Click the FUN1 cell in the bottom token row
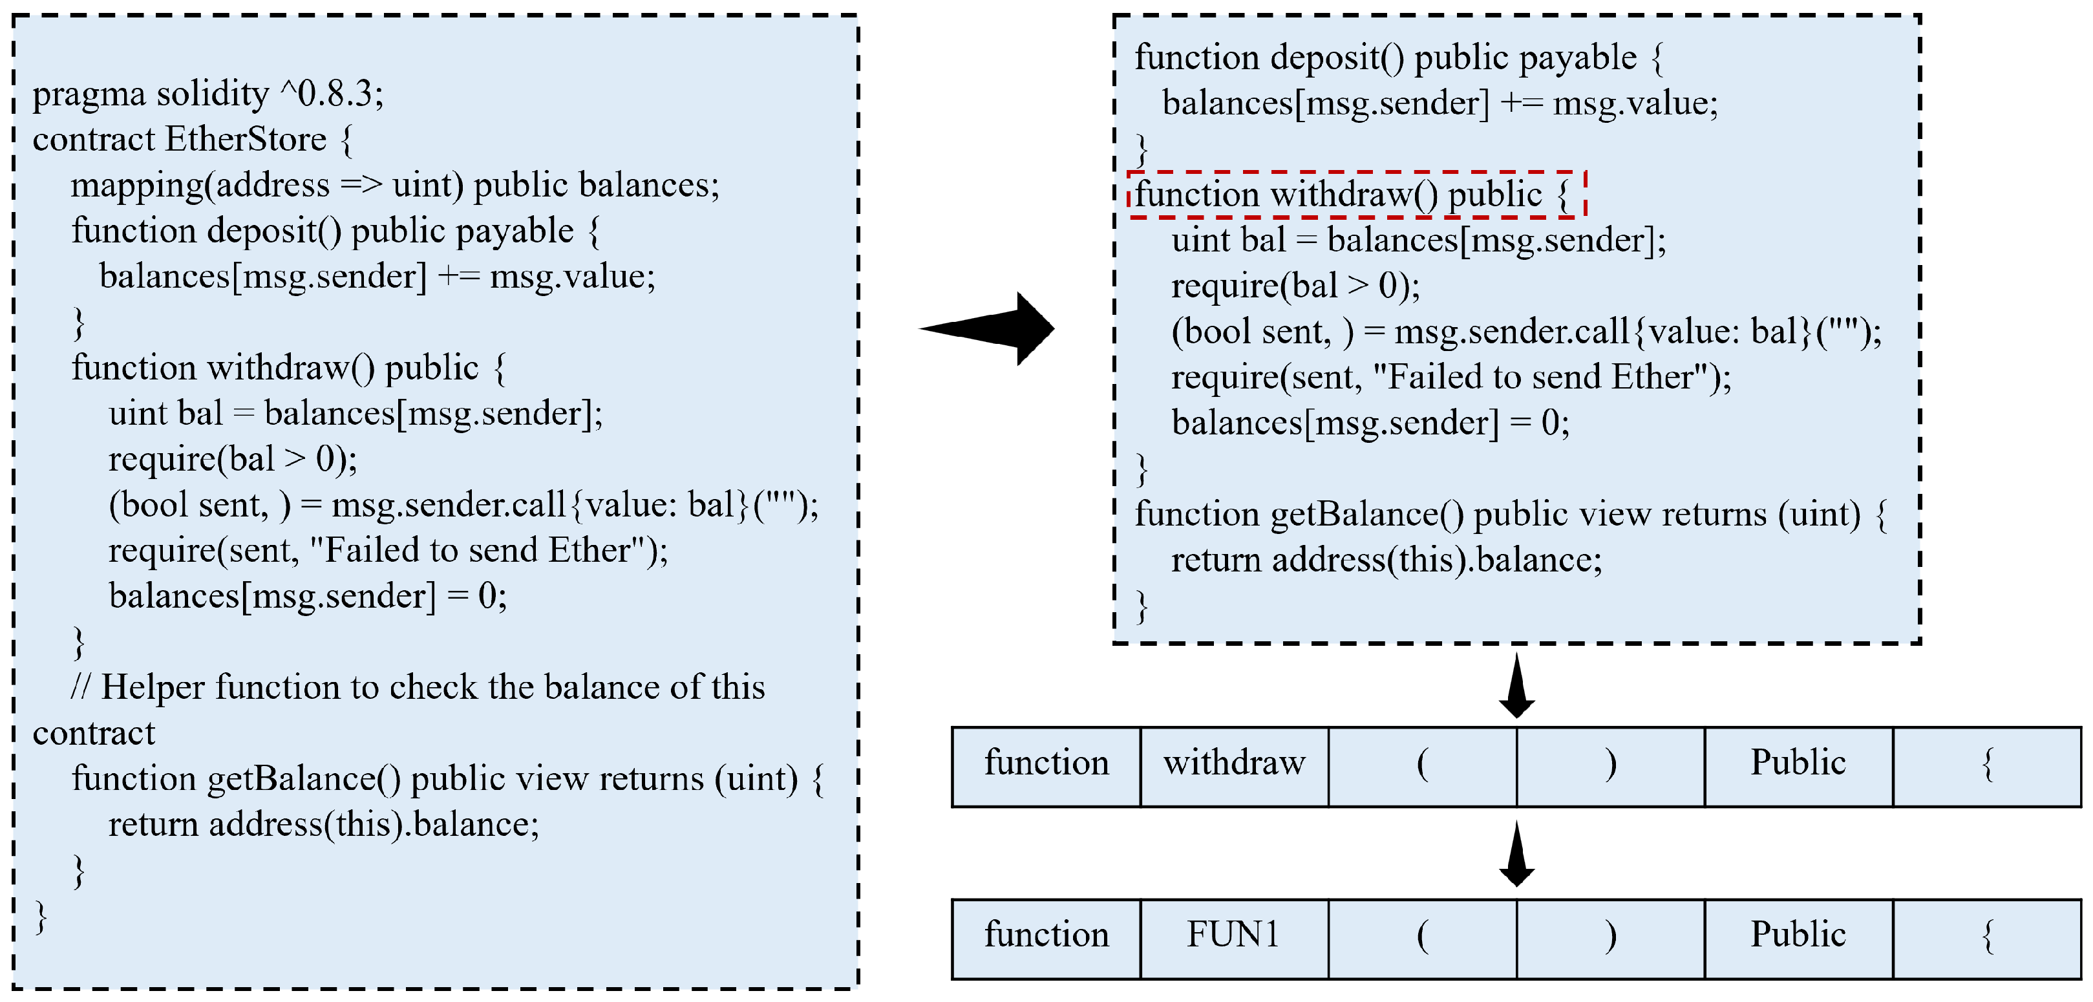pos(1233,937)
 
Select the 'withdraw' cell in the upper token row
pos(1233,765)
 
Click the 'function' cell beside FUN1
pos(1046,937)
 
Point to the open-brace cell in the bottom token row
pos(1986,937)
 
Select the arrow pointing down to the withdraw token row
pos(1516,686)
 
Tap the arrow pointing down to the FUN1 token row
pos(1516,855)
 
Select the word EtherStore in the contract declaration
pos(246,140)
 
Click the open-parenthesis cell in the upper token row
pos(1422,765)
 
